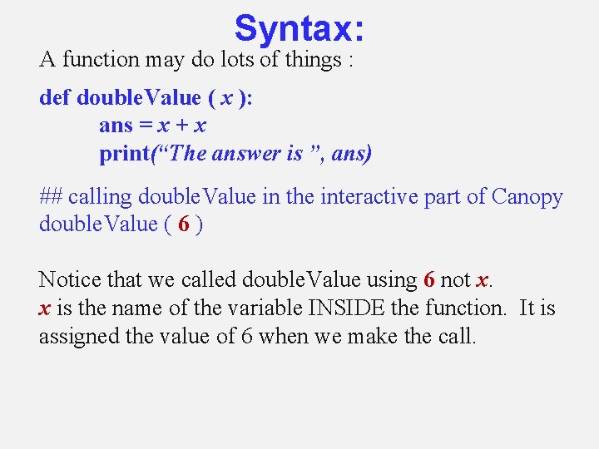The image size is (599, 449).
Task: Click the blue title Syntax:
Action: (299, 28)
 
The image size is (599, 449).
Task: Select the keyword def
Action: (55, 98)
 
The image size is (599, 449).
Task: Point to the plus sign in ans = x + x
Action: (181, 126)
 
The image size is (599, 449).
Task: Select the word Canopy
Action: (527, 198)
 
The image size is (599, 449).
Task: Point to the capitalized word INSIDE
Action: (343, 308)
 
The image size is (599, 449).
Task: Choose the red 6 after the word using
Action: (429, 281)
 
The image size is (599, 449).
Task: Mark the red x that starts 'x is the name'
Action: (44, 309)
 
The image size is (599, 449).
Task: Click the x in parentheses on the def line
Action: (225, 98)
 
